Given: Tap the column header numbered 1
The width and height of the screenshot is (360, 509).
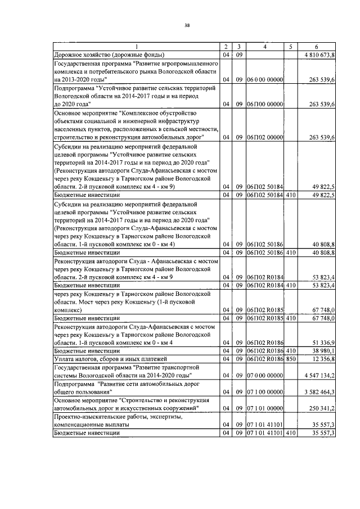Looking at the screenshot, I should point(136,47).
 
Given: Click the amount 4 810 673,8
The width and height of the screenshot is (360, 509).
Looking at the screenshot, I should point(319,55).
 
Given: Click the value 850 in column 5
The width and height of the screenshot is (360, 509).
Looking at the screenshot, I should point(290,358).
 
